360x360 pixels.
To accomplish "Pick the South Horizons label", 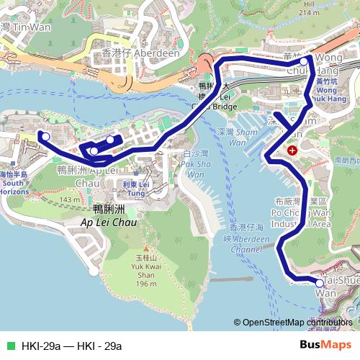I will pyautogui.click(x=14, y=188).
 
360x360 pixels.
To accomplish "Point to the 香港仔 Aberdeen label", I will pyautogui.click(x=132, y=55).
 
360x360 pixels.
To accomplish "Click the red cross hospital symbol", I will pyautogui.click(x=293, y=150).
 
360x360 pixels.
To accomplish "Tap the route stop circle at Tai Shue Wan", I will pyautogui.click(x=320, y=284).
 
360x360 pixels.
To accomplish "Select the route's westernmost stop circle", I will pyautogui.click(x=45, y=136).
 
